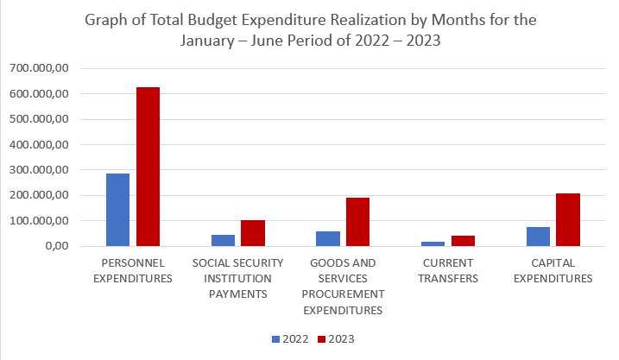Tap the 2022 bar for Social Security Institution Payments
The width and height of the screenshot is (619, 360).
click(x=223, y=240)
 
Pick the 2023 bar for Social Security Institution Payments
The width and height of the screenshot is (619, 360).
click(x=253, y=233)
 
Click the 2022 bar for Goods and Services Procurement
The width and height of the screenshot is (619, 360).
click(x=328, y=238)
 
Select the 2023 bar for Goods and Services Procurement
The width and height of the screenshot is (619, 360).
click(x=357, y=222)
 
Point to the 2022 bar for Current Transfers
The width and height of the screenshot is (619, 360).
click(x=433, y=243)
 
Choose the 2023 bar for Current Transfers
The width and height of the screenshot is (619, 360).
click(x=463, y=241)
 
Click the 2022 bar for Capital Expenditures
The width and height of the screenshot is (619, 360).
click(x=539, y=237)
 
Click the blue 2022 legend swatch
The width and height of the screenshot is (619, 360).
click(x=276, y=339)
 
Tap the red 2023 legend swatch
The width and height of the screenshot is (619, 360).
click(x=322, y=339)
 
